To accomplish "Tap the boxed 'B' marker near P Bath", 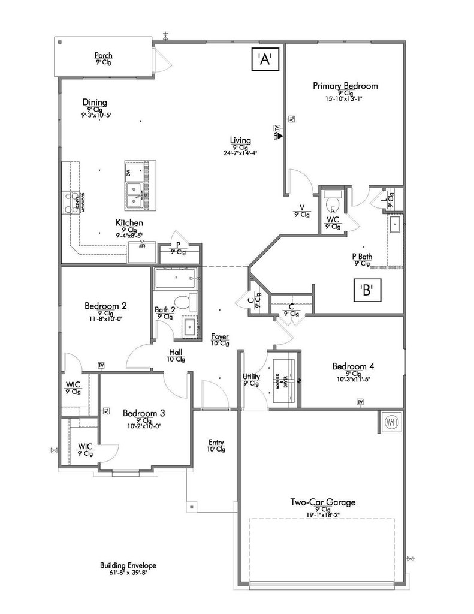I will tap(367, 291).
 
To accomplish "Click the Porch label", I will tap(103, 56).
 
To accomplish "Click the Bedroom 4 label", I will tap(354, 366).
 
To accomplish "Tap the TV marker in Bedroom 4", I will tap(360, 401).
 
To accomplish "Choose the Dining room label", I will tap(95, 103).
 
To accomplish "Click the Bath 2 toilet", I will tap(188, 303).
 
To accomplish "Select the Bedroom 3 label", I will tap(144, 413).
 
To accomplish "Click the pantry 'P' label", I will tap(178, 245).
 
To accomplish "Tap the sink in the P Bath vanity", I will tap(395, 225).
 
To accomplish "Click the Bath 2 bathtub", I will tap(175, 278).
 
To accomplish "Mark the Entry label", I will tap(216, 441).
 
